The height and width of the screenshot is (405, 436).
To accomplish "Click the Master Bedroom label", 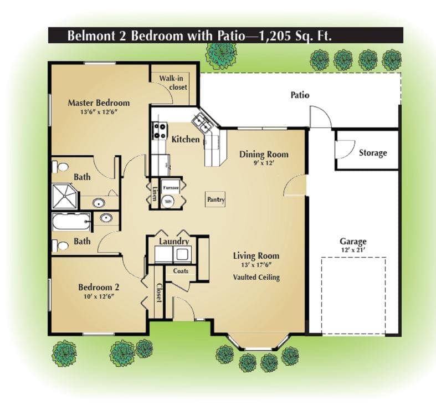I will [99, 103].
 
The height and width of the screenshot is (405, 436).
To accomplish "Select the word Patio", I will [300, 95].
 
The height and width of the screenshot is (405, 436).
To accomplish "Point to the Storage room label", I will [372, 153].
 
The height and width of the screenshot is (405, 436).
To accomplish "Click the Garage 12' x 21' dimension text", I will [353, 250].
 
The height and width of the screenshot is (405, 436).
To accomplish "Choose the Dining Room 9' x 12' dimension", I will [264, 163].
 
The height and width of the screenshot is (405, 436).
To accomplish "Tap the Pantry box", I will [215, 199].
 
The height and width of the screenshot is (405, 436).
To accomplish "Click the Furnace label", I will [170, 188].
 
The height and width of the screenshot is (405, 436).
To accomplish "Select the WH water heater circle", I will [168, 202].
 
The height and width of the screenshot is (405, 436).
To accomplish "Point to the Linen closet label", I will [154, 193].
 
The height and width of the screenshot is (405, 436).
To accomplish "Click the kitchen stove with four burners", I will [160, 130].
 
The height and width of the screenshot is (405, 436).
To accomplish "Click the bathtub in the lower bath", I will [70, 222].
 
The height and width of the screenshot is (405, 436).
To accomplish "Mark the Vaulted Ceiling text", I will [256, 277].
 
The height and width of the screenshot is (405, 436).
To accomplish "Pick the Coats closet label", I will [181, 271].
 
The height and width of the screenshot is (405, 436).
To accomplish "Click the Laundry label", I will [174, 242].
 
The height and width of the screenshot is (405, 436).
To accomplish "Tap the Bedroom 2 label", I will [99, 288].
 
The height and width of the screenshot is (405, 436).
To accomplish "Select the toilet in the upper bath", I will [62, 166].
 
